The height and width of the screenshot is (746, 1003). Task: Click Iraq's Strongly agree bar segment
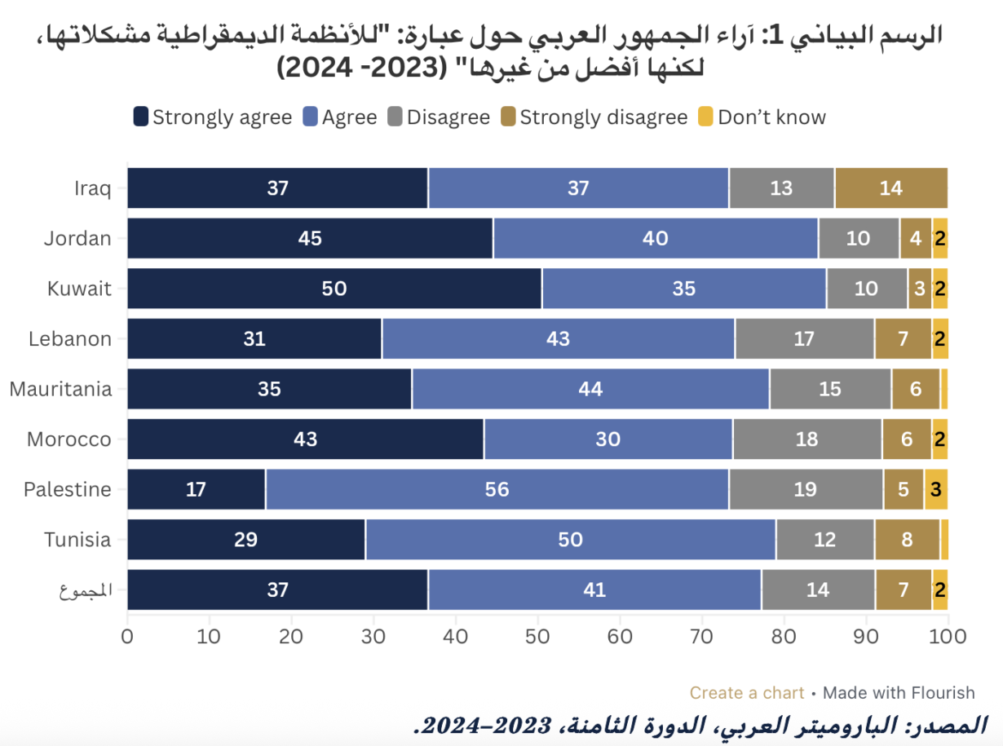[277, 188]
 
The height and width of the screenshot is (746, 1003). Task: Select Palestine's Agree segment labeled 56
[497, 490]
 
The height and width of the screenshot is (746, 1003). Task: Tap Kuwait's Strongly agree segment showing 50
[334, 289]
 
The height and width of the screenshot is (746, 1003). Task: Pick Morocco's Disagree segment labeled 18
[806, 439]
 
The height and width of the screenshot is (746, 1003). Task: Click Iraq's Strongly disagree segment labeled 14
[891, 188]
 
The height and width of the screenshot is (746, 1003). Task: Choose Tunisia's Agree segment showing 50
[570, 540]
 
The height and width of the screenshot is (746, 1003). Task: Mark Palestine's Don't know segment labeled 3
[936, 490]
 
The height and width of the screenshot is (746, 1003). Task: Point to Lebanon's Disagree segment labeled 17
[804, 339]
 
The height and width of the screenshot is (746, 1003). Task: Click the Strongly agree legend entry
[213, 117]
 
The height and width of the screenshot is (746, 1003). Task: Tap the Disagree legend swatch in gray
[395, 117]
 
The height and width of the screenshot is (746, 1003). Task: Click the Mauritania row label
[60, 389]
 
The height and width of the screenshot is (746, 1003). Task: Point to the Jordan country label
[77, 239]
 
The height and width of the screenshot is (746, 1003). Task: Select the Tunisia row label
[77, 540]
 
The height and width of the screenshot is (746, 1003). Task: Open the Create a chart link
[747, 693]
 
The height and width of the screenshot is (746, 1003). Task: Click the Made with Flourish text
[899, 693]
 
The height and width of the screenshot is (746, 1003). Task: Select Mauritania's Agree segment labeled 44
[590, 389]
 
